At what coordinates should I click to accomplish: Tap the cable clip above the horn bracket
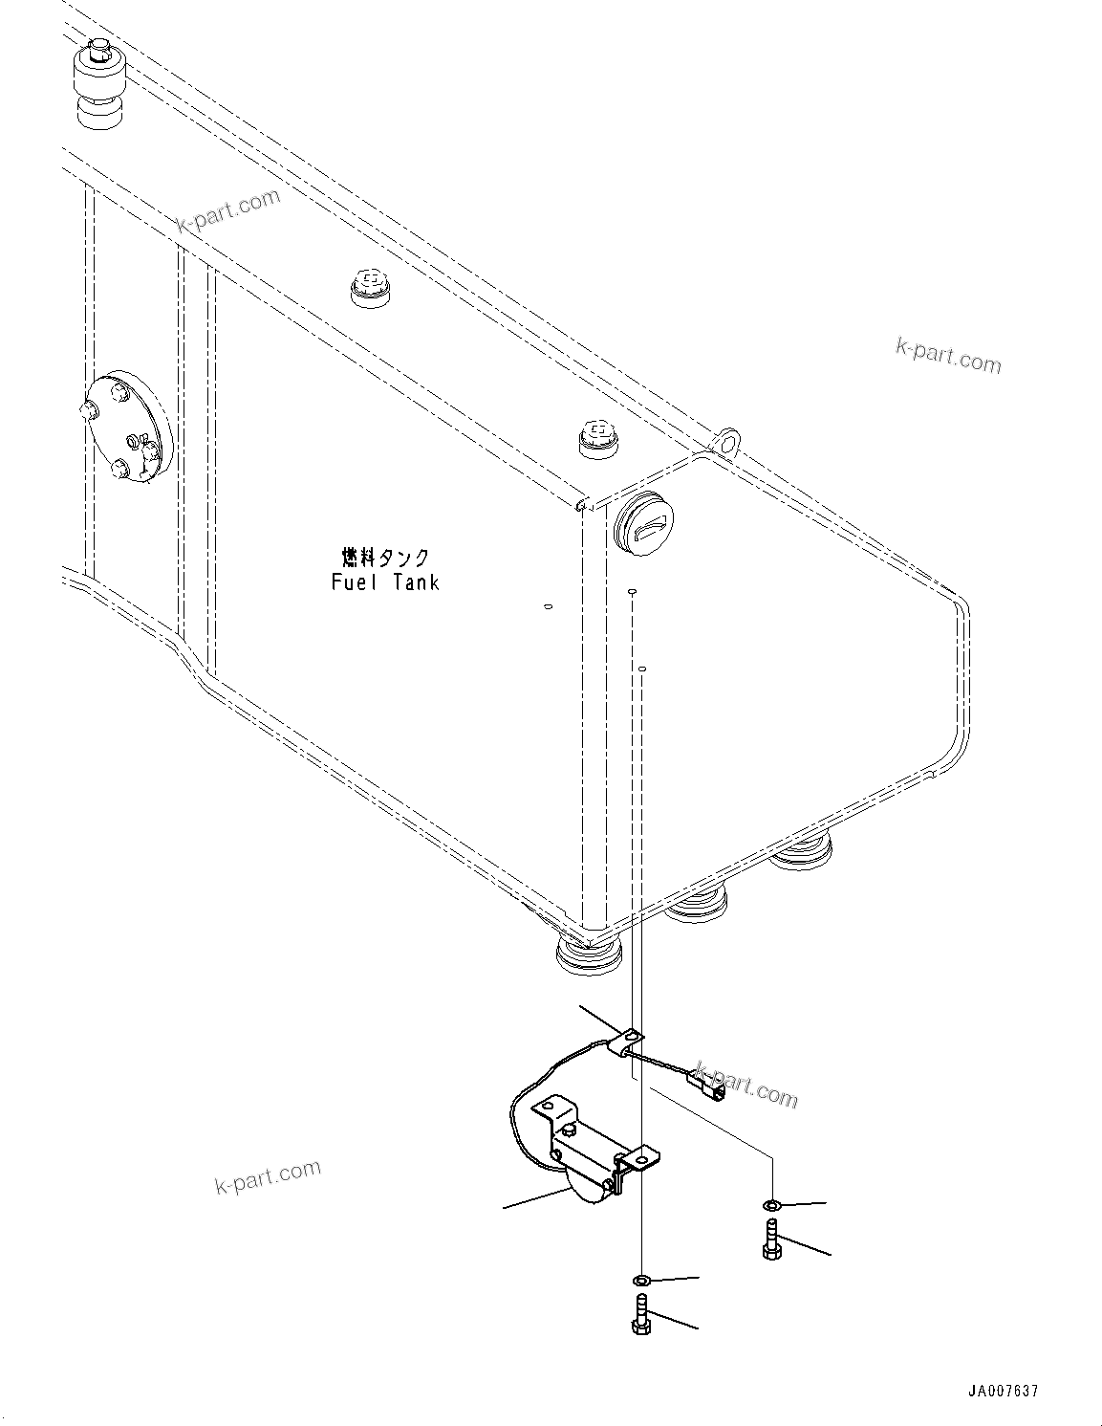[630, 1040]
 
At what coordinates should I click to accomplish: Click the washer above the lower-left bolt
[642, 1280]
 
